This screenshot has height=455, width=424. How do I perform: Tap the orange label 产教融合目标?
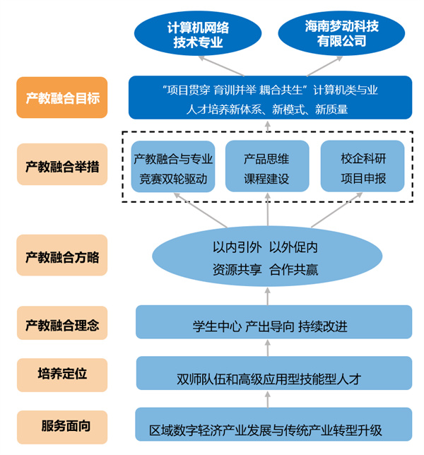[61, 97]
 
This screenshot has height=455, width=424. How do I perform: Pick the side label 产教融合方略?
[61, 255]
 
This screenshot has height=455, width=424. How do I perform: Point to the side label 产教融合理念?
[61, 324]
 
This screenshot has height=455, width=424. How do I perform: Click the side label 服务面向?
[61, 426]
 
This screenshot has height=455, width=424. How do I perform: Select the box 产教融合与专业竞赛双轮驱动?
[174, 167]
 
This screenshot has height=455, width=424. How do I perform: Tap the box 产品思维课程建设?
[267, 167]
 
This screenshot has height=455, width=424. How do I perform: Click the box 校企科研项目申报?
[363, 167]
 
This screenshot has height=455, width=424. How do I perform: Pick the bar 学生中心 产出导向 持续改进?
[273, 325]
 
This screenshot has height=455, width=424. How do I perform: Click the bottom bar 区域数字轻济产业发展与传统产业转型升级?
[273, 426]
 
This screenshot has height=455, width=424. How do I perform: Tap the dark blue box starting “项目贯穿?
[270, 98]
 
